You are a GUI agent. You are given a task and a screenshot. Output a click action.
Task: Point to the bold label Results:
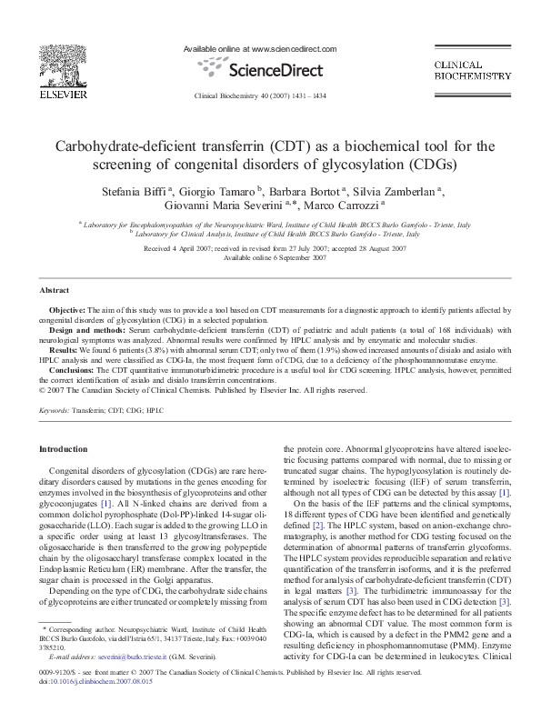[x=64, y=348]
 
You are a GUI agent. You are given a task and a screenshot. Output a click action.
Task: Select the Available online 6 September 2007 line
[x=271, y=257]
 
